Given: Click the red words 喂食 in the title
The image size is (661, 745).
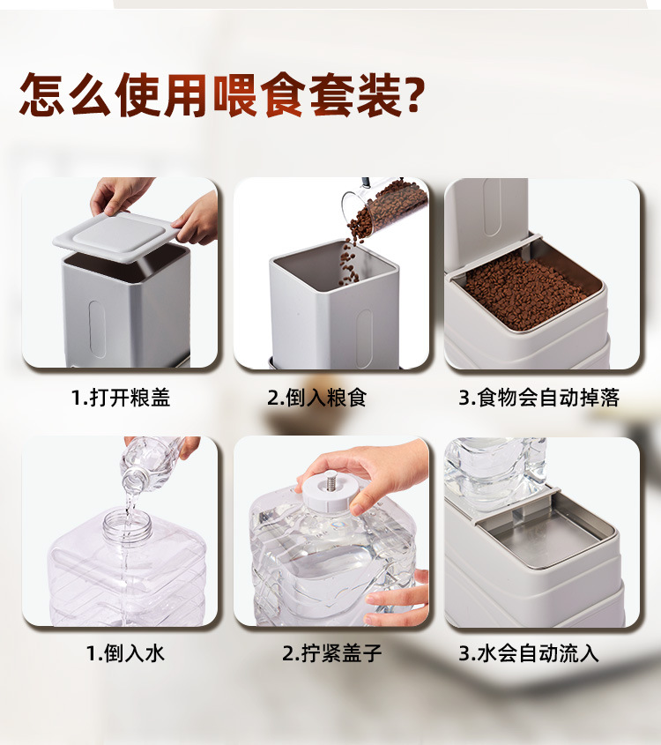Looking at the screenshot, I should click(257, 94).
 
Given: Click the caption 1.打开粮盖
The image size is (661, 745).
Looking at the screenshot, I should click(121, 398).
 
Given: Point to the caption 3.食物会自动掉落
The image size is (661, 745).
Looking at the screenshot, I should click(539, 398).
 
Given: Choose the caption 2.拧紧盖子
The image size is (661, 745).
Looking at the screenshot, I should click(331, 653).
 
